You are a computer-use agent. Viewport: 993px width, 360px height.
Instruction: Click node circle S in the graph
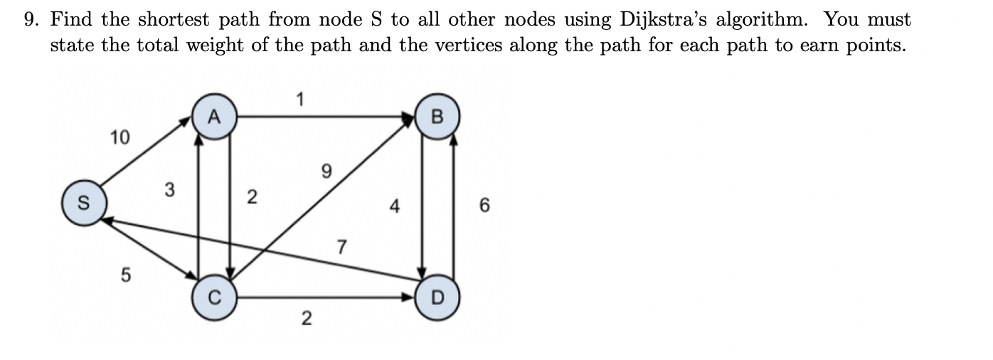click(84, 205)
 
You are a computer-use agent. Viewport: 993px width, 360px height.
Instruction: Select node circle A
click(215, 117)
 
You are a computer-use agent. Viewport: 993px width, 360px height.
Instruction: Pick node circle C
click(214, 295)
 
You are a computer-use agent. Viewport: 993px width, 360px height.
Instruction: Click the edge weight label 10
click(120, 137)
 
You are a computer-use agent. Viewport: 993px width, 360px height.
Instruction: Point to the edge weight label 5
click(125, 275)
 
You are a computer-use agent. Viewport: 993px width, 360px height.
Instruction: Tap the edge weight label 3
click(169, 190)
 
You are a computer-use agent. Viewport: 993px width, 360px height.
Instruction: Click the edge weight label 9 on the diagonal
click(326, 171)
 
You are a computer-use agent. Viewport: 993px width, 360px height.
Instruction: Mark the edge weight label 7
click(341, 248)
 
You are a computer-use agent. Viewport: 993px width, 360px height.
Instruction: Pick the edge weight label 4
click(395, 207)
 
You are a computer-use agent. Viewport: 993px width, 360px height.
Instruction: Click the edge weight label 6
click(485, 206)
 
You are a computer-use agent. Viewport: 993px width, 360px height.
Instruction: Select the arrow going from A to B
click(327, 116)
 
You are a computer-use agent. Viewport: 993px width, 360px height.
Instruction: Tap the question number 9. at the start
click(31, 19)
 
